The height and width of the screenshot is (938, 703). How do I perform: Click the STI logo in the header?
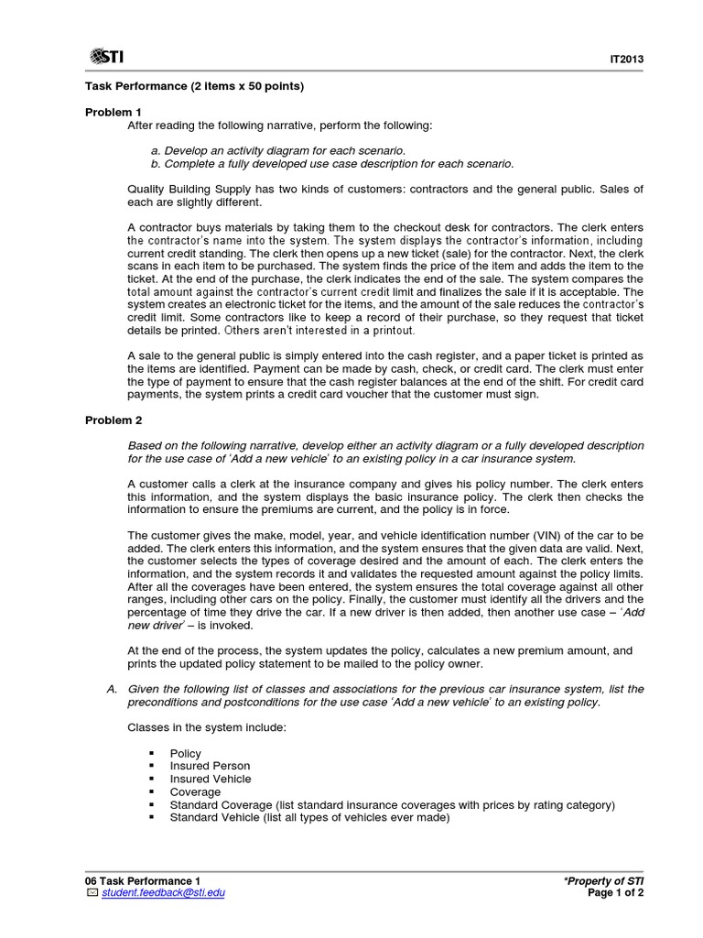tap(107, 57)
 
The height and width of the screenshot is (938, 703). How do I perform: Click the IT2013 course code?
tap(628, 60)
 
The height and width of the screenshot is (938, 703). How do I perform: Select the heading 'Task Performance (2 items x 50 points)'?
tap(194, 86)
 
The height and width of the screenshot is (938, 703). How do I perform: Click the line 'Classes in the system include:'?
tap(207, 727)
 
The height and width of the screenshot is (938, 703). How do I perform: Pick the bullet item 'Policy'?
tap(186, 753)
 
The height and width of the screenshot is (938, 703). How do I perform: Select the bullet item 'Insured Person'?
tap(210, 766)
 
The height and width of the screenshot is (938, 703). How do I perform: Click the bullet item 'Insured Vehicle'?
tap(211, 779)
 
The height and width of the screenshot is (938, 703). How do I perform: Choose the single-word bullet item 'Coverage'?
tap(195, 791)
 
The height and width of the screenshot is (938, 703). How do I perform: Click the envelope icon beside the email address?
tap(91, 893)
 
